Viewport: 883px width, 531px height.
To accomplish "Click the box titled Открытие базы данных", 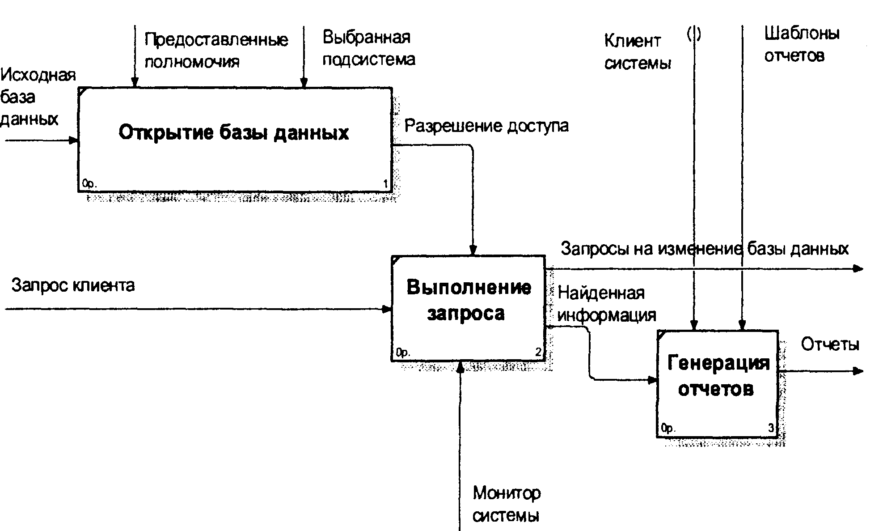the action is click(x=235, y=140).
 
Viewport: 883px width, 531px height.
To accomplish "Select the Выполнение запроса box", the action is click(x=469, y=308).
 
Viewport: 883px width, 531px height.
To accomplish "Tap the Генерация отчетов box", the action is click(x=718, y=383).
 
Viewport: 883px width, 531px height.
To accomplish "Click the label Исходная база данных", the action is click(x=38, y=97).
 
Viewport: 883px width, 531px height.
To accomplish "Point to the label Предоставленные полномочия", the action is click(x=216, y=50).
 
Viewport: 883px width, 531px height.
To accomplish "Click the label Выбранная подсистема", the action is click(x=369, y=48).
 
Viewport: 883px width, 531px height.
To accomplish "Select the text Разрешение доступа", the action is click(x=486, y=126).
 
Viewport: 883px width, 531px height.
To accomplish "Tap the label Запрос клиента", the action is click(x=73, y=285).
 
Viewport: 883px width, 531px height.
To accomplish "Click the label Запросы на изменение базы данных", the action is click(x=705, y=248).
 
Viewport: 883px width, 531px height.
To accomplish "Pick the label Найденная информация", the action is click(x=607, y=304).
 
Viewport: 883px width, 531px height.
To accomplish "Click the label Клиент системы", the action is click(x=638, y=52).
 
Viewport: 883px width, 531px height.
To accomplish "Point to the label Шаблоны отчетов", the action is click(x=802, y=44).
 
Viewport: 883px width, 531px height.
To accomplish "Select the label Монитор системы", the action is click(x=507, y=504).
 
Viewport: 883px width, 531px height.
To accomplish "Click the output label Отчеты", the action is click(x=830, y=344).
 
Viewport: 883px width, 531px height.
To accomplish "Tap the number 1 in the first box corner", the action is click(x=386, y=183).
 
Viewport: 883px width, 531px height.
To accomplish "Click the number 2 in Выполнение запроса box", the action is click(x=539, y=353).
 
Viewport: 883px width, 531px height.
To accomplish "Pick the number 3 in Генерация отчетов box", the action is click(x=771, y=428).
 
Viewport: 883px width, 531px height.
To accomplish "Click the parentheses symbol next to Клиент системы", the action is click(x=694, y=34).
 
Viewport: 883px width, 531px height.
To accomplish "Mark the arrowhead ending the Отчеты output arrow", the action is click(x=858, y=371).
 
